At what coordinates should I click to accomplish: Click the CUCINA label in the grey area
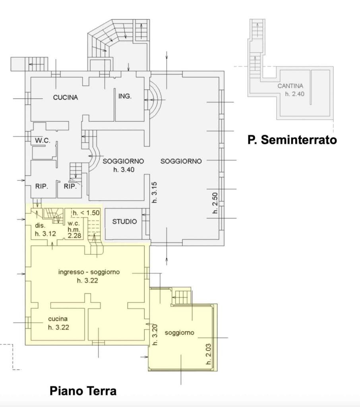[66, 97]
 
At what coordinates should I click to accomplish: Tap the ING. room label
[125, 96]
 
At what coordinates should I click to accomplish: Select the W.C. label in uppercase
[43, 140]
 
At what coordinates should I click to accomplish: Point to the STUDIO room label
[124, 221]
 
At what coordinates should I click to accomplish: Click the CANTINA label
[290, 86]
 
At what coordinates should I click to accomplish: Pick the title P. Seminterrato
[292, 140]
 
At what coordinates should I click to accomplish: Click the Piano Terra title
[83, 391]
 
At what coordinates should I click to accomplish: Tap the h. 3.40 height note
[124, 170]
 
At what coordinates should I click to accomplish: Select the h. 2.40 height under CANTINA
[294, 94]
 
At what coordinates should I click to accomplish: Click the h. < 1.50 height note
[86, 213]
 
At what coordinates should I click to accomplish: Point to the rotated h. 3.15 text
[154, 192]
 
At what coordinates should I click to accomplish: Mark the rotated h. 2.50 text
[215, 203]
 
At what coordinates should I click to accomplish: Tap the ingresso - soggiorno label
[89, 272]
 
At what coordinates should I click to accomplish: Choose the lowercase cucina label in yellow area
[58, 319]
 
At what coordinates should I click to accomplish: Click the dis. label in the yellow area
[40, 225]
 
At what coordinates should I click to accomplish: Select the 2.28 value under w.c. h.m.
[74, 235]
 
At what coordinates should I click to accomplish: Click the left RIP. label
[42, 186]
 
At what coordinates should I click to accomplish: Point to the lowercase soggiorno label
[179, 333]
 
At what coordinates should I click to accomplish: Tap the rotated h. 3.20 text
[155, 335]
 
